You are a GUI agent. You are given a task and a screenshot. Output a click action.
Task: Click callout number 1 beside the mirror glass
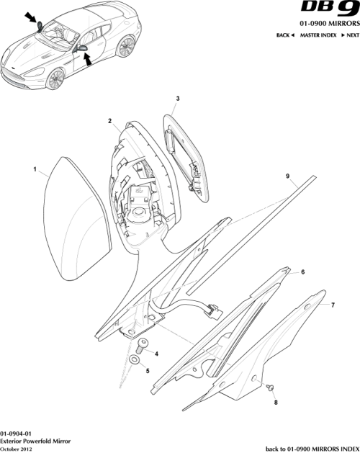pyautogui.click(x=35, y=170)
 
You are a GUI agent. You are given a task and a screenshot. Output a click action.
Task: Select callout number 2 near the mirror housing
pyautogui.click(x=109, y=122)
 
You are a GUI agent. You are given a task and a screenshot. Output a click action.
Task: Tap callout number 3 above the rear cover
pyautogui.click(x=178, y=98)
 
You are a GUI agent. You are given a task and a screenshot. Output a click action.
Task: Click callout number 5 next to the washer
pyautogui.click(x=148, y=371)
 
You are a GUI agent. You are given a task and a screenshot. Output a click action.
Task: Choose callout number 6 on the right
pyautogui.click(x=302, y=272)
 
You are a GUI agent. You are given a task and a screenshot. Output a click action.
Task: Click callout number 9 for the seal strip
pyautogui.click(x=287, y=176)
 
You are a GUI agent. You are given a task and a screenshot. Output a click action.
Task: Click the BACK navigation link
pyautogui.click(x=286, y=35)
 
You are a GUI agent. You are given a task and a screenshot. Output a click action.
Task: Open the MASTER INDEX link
pyautogui.click(x=320, y=35)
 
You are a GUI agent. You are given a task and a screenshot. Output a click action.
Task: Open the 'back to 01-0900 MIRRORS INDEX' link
pyautogui.click(x=311, y=448)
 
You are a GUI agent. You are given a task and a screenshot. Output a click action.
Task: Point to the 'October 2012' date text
pyautogui.click(x=17, y=448)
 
